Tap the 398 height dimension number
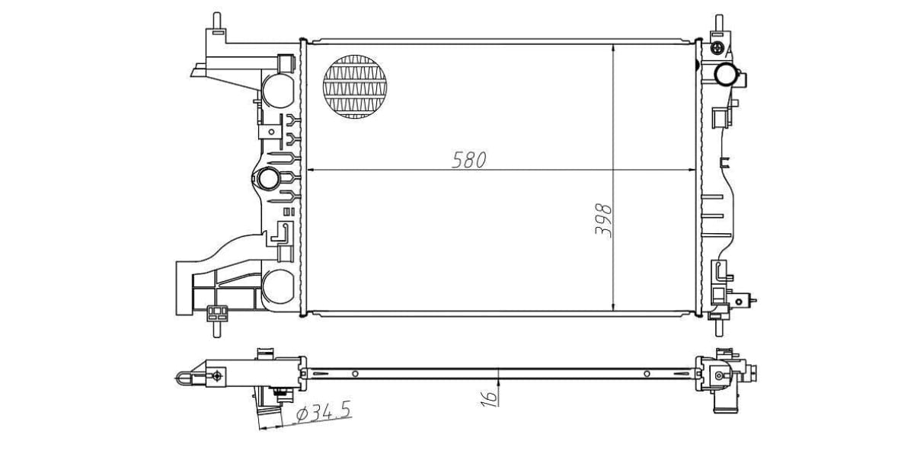click(x=604, y=220)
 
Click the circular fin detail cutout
click(x=356, y=88)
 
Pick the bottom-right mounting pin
click(x=718, y=326)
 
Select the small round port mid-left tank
click(x=267, y=179)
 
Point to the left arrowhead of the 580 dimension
click(x=311, y=169)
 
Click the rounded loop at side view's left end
click(x=184, y=376)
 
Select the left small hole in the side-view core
click(x=356, y=373)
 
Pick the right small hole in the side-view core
click(x=646, y=373)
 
